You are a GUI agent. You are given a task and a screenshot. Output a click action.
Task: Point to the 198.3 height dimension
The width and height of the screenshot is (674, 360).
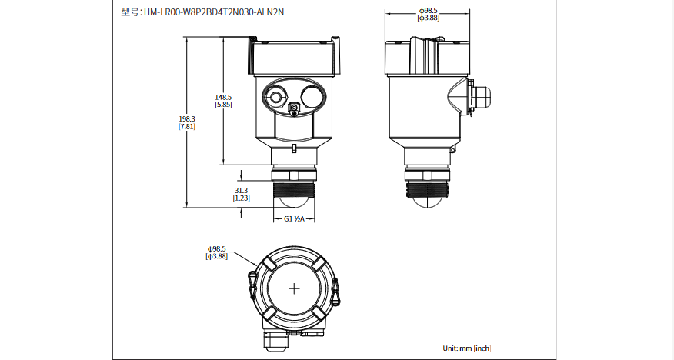[x=187, y=118]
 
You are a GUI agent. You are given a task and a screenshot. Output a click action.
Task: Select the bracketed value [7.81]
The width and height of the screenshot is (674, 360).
[x=187, y=126]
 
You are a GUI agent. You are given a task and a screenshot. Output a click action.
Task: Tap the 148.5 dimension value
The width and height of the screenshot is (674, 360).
[x=223, y=97]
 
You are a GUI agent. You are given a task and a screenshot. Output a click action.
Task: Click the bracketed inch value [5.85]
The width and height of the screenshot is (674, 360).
[x=223, y=105]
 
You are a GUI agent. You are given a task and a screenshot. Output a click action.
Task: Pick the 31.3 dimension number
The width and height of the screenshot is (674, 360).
[x=241, y=190]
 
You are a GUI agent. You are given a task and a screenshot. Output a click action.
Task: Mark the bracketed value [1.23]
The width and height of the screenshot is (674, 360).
[x=241, y=198]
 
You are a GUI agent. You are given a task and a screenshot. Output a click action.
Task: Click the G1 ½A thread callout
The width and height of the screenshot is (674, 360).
[x=295, y=219]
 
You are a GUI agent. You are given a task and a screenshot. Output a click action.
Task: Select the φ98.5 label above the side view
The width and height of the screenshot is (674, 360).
[x=428, y=10]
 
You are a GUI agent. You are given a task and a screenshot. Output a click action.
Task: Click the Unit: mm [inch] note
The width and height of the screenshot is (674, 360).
[x=467, y=348]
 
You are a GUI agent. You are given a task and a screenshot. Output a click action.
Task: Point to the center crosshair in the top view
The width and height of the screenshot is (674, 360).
[x=295, y=288]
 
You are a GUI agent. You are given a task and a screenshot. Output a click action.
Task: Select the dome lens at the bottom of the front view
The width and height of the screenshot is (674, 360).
[x=295, y=202]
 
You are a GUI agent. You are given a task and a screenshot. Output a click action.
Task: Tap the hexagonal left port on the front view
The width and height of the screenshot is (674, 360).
[x=275, y=96]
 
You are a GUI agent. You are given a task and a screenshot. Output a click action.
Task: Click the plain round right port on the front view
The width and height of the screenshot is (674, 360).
[x=312, y=96]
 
